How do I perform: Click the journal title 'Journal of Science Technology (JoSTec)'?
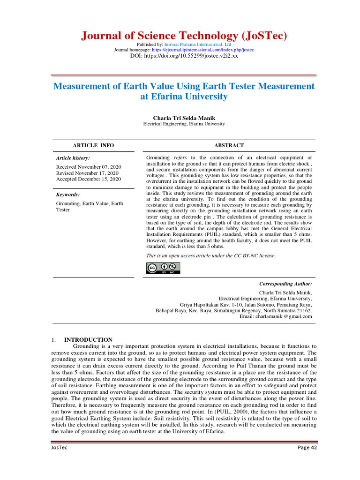tap(184, 36)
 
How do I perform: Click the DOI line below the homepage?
tap(184, 56)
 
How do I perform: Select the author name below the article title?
tap(184, 118)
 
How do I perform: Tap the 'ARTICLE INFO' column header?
tap(93, 145)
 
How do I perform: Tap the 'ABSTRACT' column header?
tap(229, 145)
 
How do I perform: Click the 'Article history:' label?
tap(73, 158)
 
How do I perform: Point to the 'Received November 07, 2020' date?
tap(89, 167)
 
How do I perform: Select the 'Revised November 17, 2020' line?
tap(87, 173)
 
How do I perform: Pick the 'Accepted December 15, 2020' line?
tap(89, 179)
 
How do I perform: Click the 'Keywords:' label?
tap(68, 194)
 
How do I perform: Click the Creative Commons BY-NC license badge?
tap(163, 268)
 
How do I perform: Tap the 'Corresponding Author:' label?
tap(285, 284)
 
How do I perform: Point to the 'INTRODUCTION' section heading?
tap(88, 339)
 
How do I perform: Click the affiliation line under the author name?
tap(184, 124)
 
